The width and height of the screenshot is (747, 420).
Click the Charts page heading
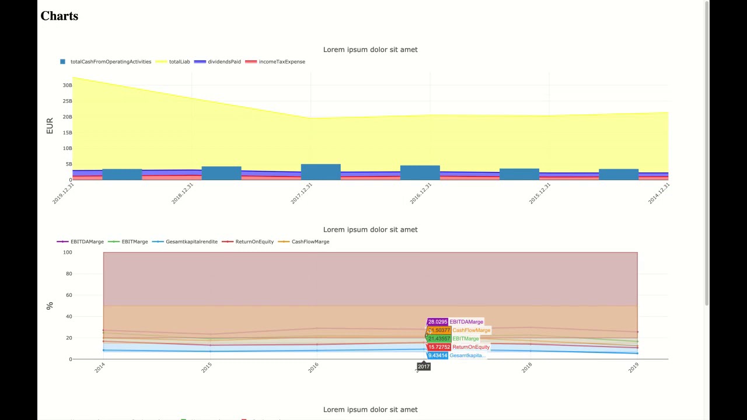(x=59, y=16)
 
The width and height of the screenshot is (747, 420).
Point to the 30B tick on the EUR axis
(x=67, y=86)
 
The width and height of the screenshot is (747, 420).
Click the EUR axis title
(x=50, y=126)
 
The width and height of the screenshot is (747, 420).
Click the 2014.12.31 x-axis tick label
(x=659, y=193)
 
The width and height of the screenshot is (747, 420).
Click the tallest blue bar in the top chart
(x=320, y=172)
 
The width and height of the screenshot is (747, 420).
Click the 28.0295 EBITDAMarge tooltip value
(x=438, y=322)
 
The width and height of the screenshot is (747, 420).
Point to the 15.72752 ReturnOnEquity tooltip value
(x=439, y=347)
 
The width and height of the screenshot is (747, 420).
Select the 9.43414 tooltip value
(x=438, y=356)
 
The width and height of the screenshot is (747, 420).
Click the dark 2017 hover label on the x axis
(x=424, y=367)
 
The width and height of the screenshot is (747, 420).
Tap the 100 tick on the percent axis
(x=68, y=253)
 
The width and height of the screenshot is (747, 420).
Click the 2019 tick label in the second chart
(x=634, y=367)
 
